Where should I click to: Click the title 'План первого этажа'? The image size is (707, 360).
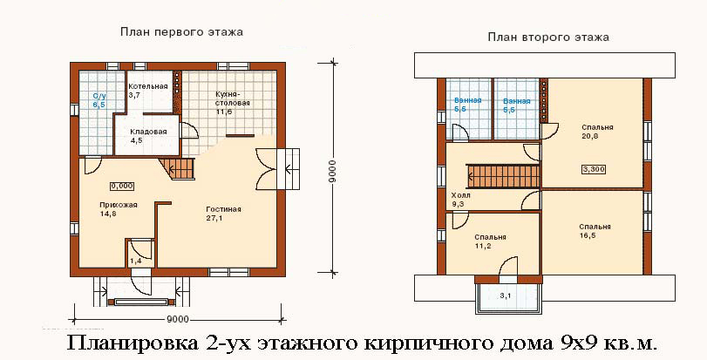point(181,32)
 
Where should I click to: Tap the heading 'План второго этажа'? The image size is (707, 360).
point(548,37)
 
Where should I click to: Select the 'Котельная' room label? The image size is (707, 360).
point(148,86)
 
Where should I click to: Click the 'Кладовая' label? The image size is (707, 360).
point(149,132)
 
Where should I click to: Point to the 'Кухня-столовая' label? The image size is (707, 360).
point(233,98)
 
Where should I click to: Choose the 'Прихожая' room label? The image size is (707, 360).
point(119,205)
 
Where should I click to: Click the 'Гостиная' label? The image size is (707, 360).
point(224,209)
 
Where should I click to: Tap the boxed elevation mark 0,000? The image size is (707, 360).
point(122,186)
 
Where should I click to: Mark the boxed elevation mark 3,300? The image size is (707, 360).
point(594,169)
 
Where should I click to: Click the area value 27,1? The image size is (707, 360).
point(214,219)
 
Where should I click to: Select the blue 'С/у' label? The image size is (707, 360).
point(99,96)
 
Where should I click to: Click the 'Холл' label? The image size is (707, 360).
point(460,195)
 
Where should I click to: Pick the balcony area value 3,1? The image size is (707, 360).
point(505,296)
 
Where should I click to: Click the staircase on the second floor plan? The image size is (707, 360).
point(503,176)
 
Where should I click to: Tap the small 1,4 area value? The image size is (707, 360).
point(136,261)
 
